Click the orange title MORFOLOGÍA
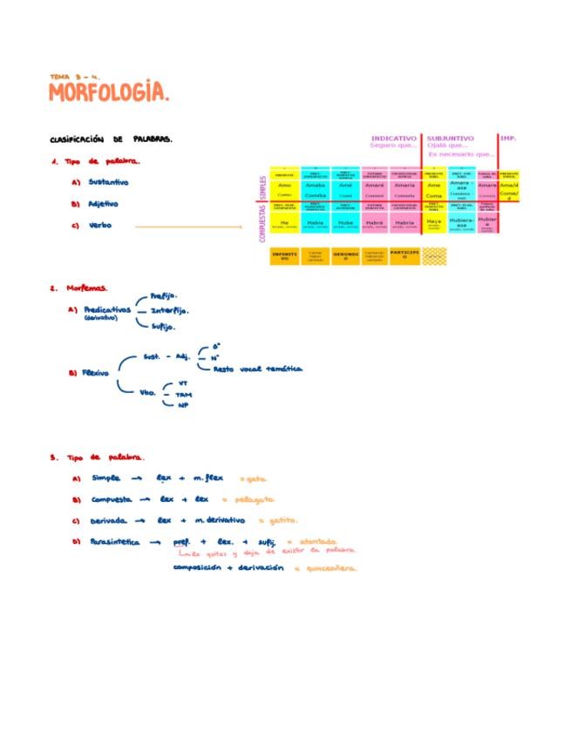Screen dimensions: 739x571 pos(109,92)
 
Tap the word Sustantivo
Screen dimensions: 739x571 pos(108,182)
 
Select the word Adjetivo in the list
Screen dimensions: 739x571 pos(103,204)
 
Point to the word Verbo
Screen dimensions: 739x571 pos(100,227)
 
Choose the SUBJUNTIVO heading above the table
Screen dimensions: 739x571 pos(451,138)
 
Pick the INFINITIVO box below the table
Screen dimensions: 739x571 pos(285,256)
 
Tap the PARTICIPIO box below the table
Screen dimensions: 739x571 pos(404,256)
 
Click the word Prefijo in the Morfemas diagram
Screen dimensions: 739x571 pos(164,295)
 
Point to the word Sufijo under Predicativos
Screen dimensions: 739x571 pos(163,327)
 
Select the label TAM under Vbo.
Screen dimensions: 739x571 pos(183,395)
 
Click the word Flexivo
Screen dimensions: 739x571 pos(95,373)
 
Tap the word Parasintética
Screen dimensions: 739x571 pos(117,542)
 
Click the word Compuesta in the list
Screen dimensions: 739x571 pos(112,499)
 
